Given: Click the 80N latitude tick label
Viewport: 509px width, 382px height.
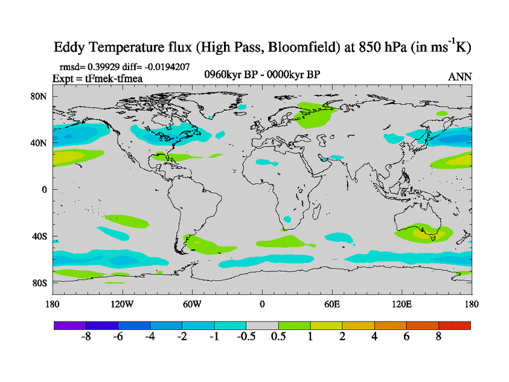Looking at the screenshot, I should pos(39,96).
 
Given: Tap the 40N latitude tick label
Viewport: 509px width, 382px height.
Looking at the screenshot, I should pos(39,143).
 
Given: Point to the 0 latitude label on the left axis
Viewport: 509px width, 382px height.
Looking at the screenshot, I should pos(45,189).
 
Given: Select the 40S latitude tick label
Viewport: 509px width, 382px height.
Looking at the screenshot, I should pos(39,236).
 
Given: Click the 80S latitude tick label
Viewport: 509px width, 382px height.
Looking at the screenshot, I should pos(39,283).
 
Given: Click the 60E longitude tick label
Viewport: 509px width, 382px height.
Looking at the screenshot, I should pos(332,304).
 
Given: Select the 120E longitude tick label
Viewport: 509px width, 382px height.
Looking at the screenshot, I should pos(402,304).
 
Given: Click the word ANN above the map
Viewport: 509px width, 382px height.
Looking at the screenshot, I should pos(460,76).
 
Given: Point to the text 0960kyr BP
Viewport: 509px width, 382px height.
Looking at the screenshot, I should pos(230,74).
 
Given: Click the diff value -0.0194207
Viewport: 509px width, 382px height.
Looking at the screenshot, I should pos(164,67).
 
